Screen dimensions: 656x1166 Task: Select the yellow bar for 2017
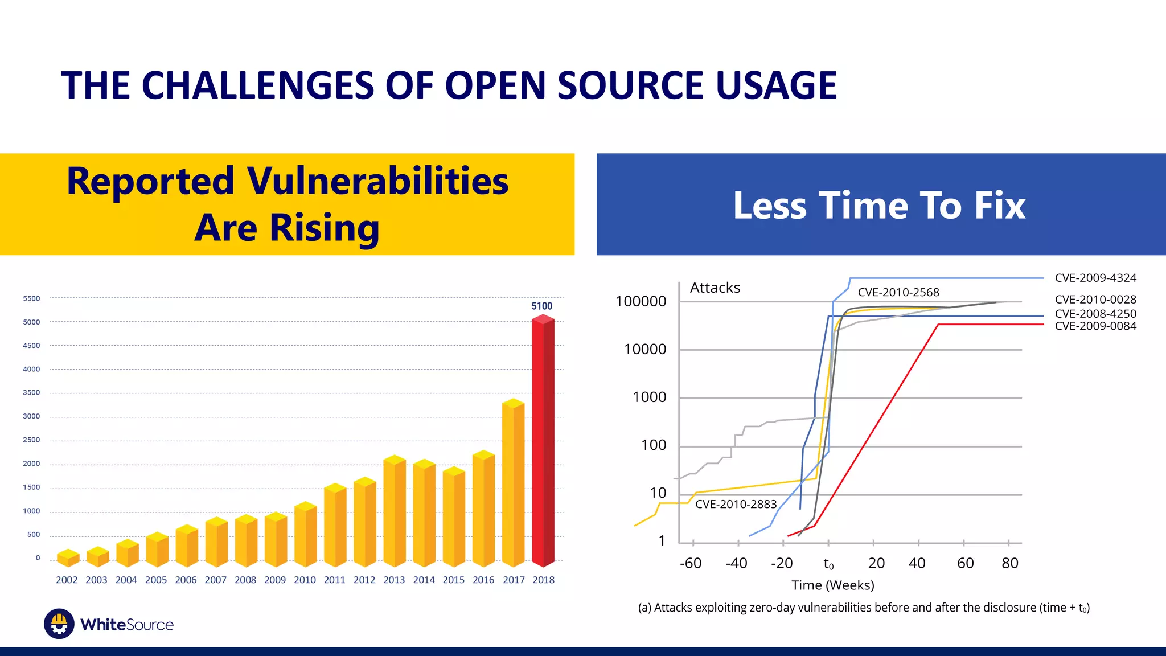[x=513, y=484]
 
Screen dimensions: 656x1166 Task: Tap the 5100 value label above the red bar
[x=541, y=306]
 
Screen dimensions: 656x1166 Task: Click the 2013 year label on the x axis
[x=394, y=580]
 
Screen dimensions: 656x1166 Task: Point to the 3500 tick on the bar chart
[x=31, y=392]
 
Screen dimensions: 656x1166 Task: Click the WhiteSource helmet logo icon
[x=59, y=624]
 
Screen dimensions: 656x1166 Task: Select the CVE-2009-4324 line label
[x=1095, y=278]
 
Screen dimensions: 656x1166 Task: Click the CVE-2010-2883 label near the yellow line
[x=736, y=504]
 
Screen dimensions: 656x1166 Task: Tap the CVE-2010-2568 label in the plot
[x=898, y=292]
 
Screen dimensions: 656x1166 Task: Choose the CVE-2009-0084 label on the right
[x=1095, y=326]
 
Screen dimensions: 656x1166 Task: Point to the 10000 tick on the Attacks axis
[x=645, y=349]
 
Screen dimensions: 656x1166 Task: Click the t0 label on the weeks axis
[x=828, y=564]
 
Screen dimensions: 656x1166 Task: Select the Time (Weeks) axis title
[x=832, y=585]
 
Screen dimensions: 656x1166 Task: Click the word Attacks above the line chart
[x=715, y=288]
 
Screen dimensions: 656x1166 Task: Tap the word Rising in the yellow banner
[x=324, y=228]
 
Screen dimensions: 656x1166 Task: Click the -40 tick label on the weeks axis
[x=736, y=563]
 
